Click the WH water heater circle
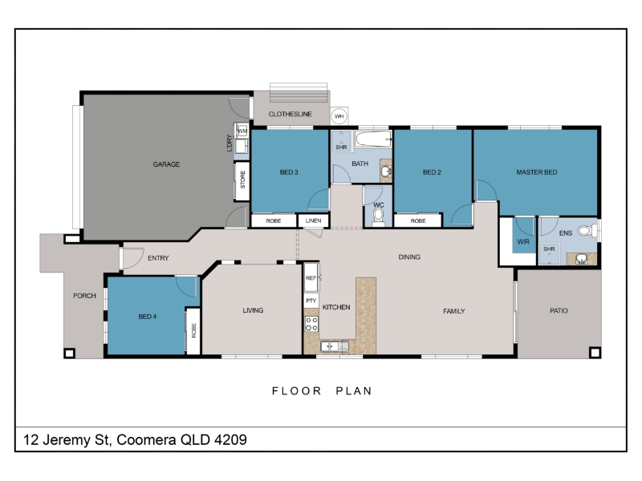click(x=339, y=116)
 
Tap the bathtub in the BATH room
click(x=373, y=139)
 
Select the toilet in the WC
click(x=378, y=216)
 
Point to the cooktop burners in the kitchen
click(x=311, y=324)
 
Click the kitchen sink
click(x=335, y=346)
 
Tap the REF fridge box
click(x=311, y=277)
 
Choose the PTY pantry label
click(x=311, y=301)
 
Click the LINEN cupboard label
click(x=313, y=220)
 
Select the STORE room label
click(x=243, y=180)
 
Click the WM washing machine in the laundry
click(x=242, y=131)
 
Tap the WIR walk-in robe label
click(x=523, y=242)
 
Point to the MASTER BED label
click(x=536, y=172)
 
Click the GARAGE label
click(x=166, y=164)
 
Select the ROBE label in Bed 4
click(x=193, y=330)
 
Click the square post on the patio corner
click(x=595, y=352)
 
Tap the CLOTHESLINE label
click(x=290, y=114)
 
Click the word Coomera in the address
click(x=146, y=439)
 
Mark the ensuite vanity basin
click(x=581, y=259)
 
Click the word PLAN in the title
click(x=354, y=391)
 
